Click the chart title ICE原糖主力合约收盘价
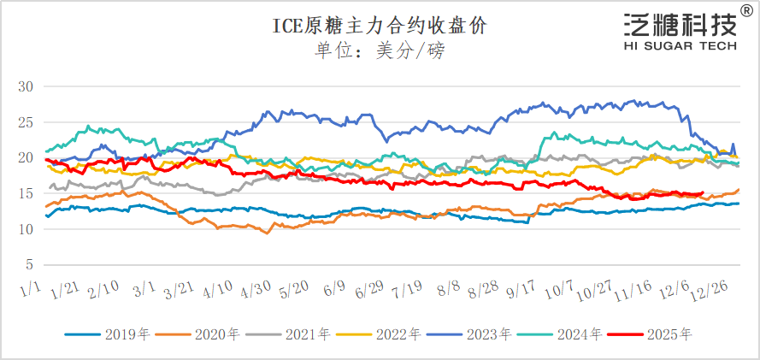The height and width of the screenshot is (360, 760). [x=380, y=25]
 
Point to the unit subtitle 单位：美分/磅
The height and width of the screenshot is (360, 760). [x=380, y=50]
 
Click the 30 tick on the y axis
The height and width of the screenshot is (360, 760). [x=25, y=86]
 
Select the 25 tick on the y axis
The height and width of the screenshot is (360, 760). [x=25, y=122]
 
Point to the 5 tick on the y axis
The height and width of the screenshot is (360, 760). [x=28, y=264]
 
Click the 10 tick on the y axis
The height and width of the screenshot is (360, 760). [x=25, y=229]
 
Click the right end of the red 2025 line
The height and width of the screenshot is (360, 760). [x=704, y=193]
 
